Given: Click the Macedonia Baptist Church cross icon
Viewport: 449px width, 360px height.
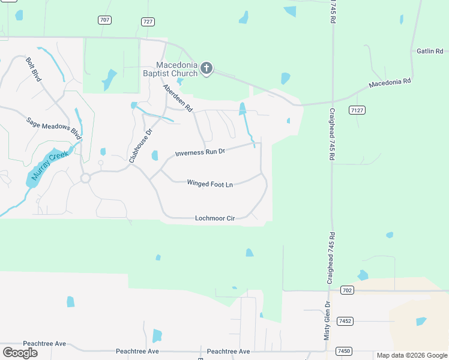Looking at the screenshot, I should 206,68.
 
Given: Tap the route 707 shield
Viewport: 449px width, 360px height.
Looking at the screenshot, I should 105,20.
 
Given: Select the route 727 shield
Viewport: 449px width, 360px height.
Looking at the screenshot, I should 148,21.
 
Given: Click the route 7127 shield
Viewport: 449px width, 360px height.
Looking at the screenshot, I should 357,110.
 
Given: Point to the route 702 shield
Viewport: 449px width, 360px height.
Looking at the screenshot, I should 347,290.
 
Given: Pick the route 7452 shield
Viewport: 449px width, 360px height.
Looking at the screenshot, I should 345,321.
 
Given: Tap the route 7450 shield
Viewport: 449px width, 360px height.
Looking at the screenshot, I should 344,350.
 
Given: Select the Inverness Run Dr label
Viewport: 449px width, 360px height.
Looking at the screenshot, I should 200,152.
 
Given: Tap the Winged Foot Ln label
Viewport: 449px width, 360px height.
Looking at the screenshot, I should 209,184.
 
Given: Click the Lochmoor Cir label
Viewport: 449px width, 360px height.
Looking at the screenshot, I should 214,218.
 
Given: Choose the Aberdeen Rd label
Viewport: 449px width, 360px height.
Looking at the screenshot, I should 177,98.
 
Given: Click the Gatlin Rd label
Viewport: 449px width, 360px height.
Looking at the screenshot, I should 430,52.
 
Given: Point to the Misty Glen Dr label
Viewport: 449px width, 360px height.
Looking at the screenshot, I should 327,321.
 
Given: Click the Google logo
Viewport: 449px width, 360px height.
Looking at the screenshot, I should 20,352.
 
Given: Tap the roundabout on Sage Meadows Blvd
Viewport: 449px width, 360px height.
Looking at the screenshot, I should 85,178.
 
